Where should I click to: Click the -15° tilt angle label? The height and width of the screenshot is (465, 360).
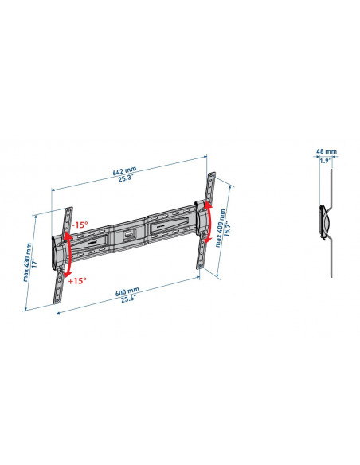[x=80, y=225]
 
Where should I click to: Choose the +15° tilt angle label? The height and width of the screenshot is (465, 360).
[x=78, y=279]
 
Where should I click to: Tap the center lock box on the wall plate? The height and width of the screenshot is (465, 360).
[x=128, y=234]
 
